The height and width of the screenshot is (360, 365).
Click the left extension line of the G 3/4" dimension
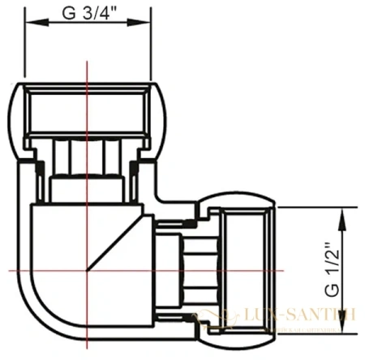pos(25,49)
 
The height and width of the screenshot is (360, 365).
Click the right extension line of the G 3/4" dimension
pos(152,49)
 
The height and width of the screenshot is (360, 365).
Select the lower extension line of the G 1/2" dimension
pos(324,333)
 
